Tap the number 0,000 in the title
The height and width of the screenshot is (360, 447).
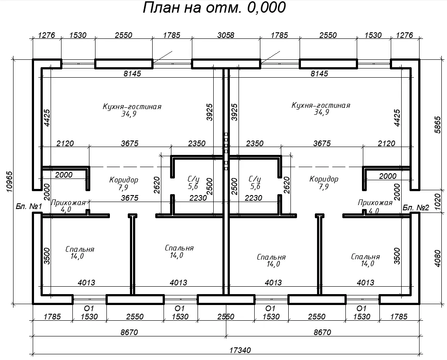[x=266, y=8]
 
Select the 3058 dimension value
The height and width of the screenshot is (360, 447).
[x=225, y=35]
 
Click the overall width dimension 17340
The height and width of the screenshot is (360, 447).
[x=240, y=350]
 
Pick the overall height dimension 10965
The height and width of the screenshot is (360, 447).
[x=10, y=182]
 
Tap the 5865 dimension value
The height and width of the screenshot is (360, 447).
[x=437, y=125]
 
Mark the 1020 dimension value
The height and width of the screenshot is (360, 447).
[x=437, y=202]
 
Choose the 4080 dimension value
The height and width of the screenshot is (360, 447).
[x=437, y=258]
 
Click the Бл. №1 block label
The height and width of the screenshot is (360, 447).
[x=29, y=206]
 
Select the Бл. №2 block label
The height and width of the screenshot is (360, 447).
[x=416, y=207]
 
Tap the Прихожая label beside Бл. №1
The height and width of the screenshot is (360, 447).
[x=68, y=202]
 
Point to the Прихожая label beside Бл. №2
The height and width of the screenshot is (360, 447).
[x=375, y=202]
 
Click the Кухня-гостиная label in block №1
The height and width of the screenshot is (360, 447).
[x=132, y=106]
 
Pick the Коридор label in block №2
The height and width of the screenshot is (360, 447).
[x=324, y=179]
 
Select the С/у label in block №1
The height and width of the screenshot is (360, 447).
[x=194, y=179]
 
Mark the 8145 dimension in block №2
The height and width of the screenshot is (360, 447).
[x=319, y=74]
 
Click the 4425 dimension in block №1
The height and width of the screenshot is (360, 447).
[x=47, y=118]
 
